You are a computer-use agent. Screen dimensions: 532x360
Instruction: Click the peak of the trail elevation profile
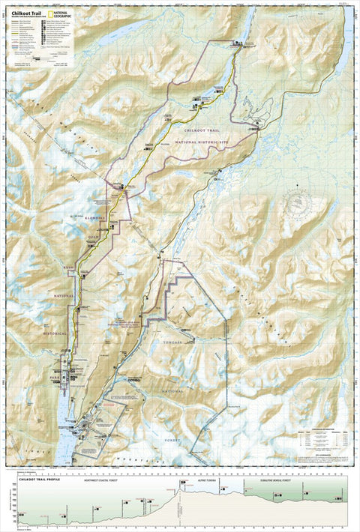(178, 489)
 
